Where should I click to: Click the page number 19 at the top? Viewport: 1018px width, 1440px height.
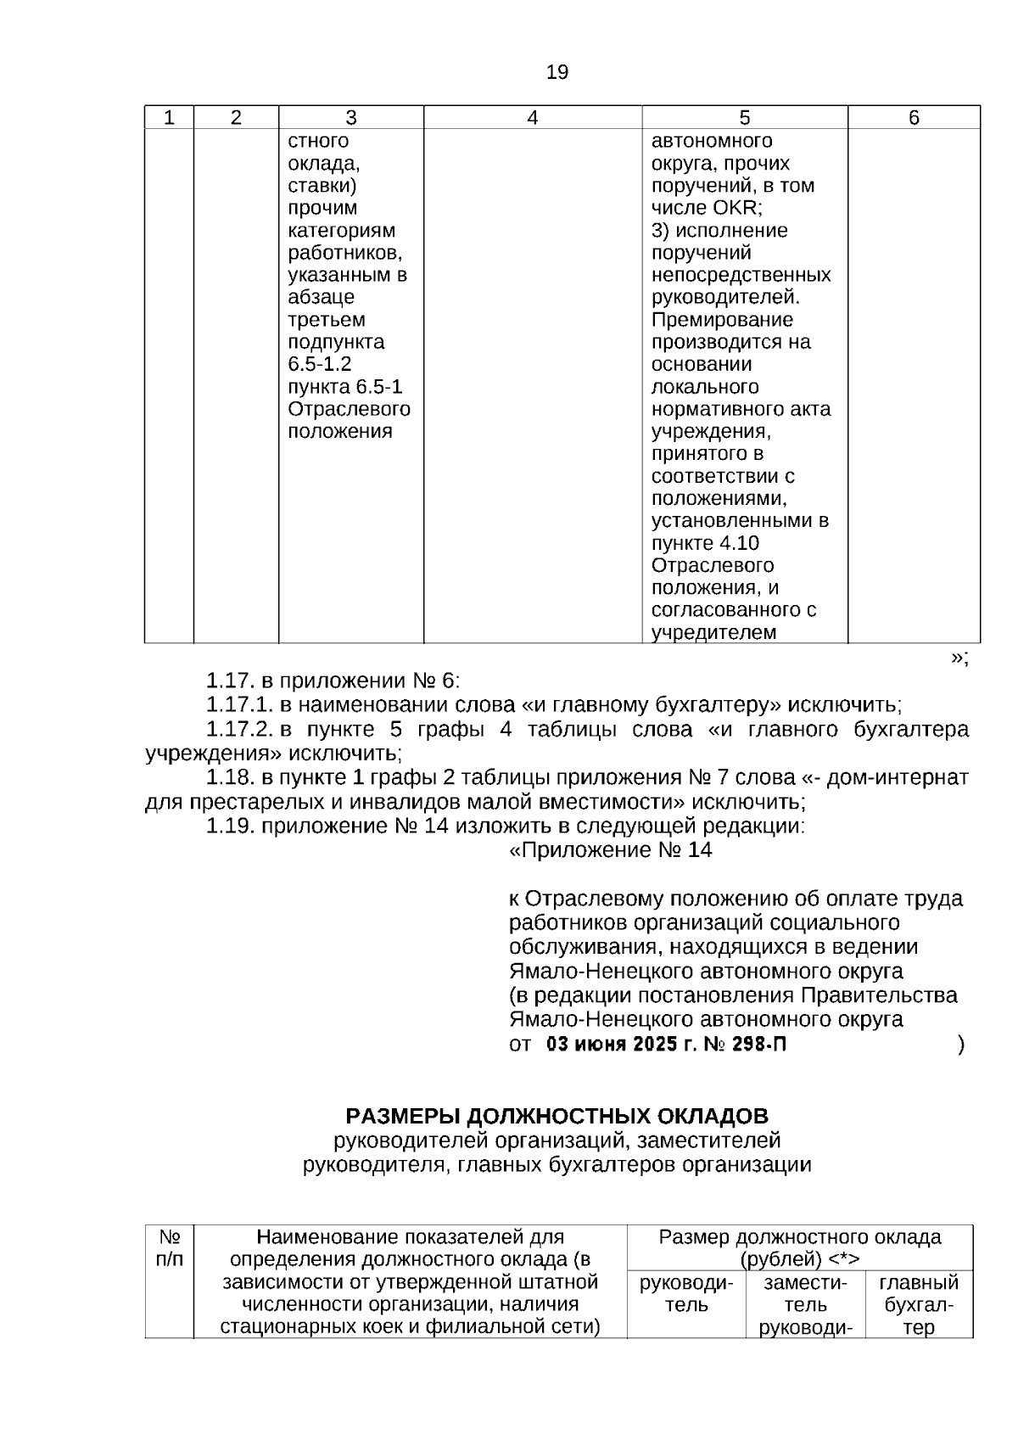pyautogui.click(x=557, y=72)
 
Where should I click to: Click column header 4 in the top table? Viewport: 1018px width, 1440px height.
pyautogui.click(x=532, y=118)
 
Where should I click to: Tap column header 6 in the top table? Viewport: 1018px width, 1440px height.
pyautogui.click(x=914, y=118)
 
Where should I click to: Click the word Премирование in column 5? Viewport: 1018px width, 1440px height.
pyautogui.click(x=722, y=320)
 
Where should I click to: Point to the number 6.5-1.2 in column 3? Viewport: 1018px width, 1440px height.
pyautogui.click(x=320, y=365)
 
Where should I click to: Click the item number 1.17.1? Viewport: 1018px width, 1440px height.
pyautogui.click(x=240, y=705)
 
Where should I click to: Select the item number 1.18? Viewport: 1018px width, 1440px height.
pyautogui.click(x=231, y=778)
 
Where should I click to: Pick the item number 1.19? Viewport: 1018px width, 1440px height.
pyautogui.click(x=231, y=826)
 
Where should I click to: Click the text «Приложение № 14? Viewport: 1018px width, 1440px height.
pyautogui.click(x=610, y=850)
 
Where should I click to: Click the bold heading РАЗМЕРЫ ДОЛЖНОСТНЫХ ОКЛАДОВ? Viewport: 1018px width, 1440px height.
pyautogui.click(x=557, y=1116)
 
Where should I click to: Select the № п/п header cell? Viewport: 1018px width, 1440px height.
pyautogui.click(x=170, y=1248)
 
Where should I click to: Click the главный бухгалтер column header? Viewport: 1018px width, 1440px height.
pyautogui.click(x=918, y=1305)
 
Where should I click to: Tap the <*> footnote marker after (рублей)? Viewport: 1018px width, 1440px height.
pyautogui.click(x=843, y=1259)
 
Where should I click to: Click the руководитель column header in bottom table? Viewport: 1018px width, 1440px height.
pyautogui.click(x=685, y=1294)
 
